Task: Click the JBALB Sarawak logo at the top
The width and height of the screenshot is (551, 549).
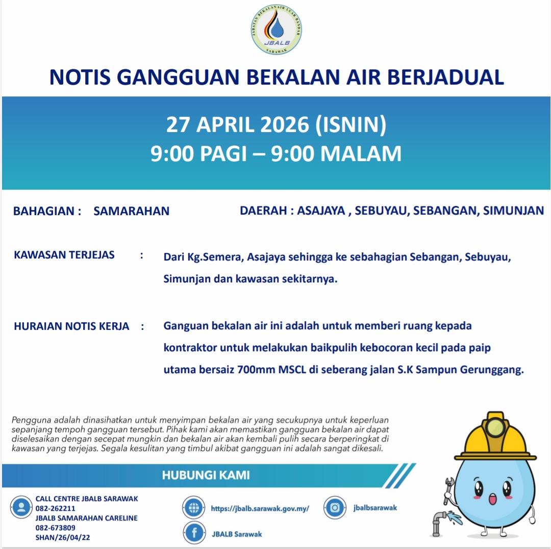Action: [x=277, y=31]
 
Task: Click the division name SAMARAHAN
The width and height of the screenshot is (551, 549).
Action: [x=131, y=211]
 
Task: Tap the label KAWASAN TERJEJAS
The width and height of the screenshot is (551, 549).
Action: [x=64, y=254]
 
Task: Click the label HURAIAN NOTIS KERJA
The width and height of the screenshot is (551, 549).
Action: [x=71, y=326]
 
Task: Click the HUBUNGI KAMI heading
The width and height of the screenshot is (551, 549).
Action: [x=206, y=476]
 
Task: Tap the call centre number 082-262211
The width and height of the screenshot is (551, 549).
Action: [x=56, y=508]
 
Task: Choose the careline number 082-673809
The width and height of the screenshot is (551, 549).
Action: [x=56, y=528]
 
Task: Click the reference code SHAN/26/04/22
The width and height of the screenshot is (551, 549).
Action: [x=63, y=537]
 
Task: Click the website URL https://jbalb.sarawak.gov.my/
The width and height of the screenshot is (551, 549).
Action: [x=260, y=508]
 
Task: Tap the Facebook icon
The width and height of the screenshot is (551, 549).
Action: [x=194, y=533]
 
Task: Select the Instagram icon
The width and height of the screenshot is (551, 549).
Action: [x=335, y=508]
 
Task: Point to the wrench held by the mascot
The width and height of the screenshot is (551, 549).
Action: [x=449, y=489]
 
